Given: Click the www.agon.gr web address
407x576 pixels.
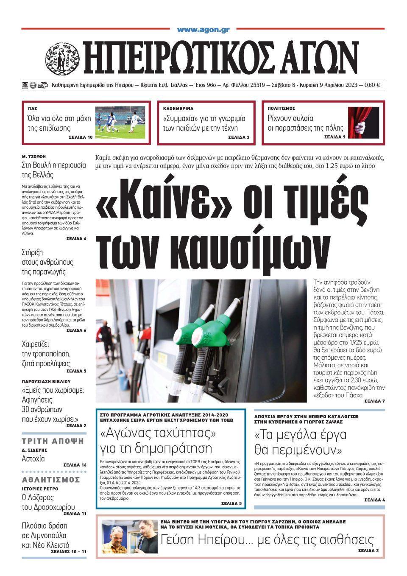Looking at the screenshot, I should click(x=203, y=30).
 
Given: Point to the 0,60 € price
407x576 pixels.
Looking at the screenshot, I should click(x=372, y=85).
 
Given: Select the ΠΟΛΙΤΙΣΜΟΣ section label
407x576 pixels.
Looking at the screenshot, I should click(x=282, y=109).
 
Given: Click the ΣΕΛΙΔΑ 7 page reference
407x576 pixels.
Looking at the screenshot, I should click(x=374, y=401).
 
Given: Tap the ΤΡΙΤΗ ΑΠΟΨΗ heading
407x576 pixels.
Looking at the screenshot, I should click(x=53, y=441).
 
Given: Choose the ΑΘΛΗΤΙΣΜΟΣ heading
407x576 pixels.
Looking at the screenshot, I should click(x=51, y=480).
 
